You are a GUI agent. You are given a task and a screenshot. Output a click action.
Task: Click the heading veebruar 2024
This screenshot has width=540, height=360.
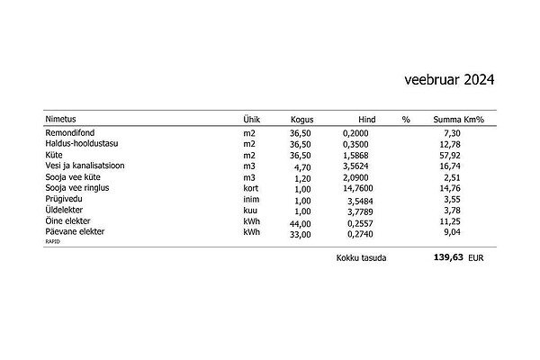pos(449,81)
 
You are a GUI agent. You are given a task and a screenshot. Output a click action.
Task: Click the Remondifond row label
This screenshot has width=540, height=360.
pos(70,133)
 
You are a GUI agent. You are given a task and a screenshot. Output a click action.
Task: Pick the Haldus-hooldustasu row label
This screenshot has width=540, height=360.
pos(82,144)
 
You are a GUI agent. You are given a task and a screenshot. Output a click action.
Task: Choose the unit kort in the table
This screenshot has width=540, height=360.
pos(251,188)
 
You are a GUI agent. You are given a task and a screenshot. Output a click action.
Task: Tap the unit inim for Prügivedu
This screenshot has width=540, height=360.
pos(251,199)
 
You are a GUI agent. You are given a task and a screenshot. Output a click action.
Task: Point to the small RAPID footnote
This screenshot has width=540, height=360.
pos(53,241)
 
